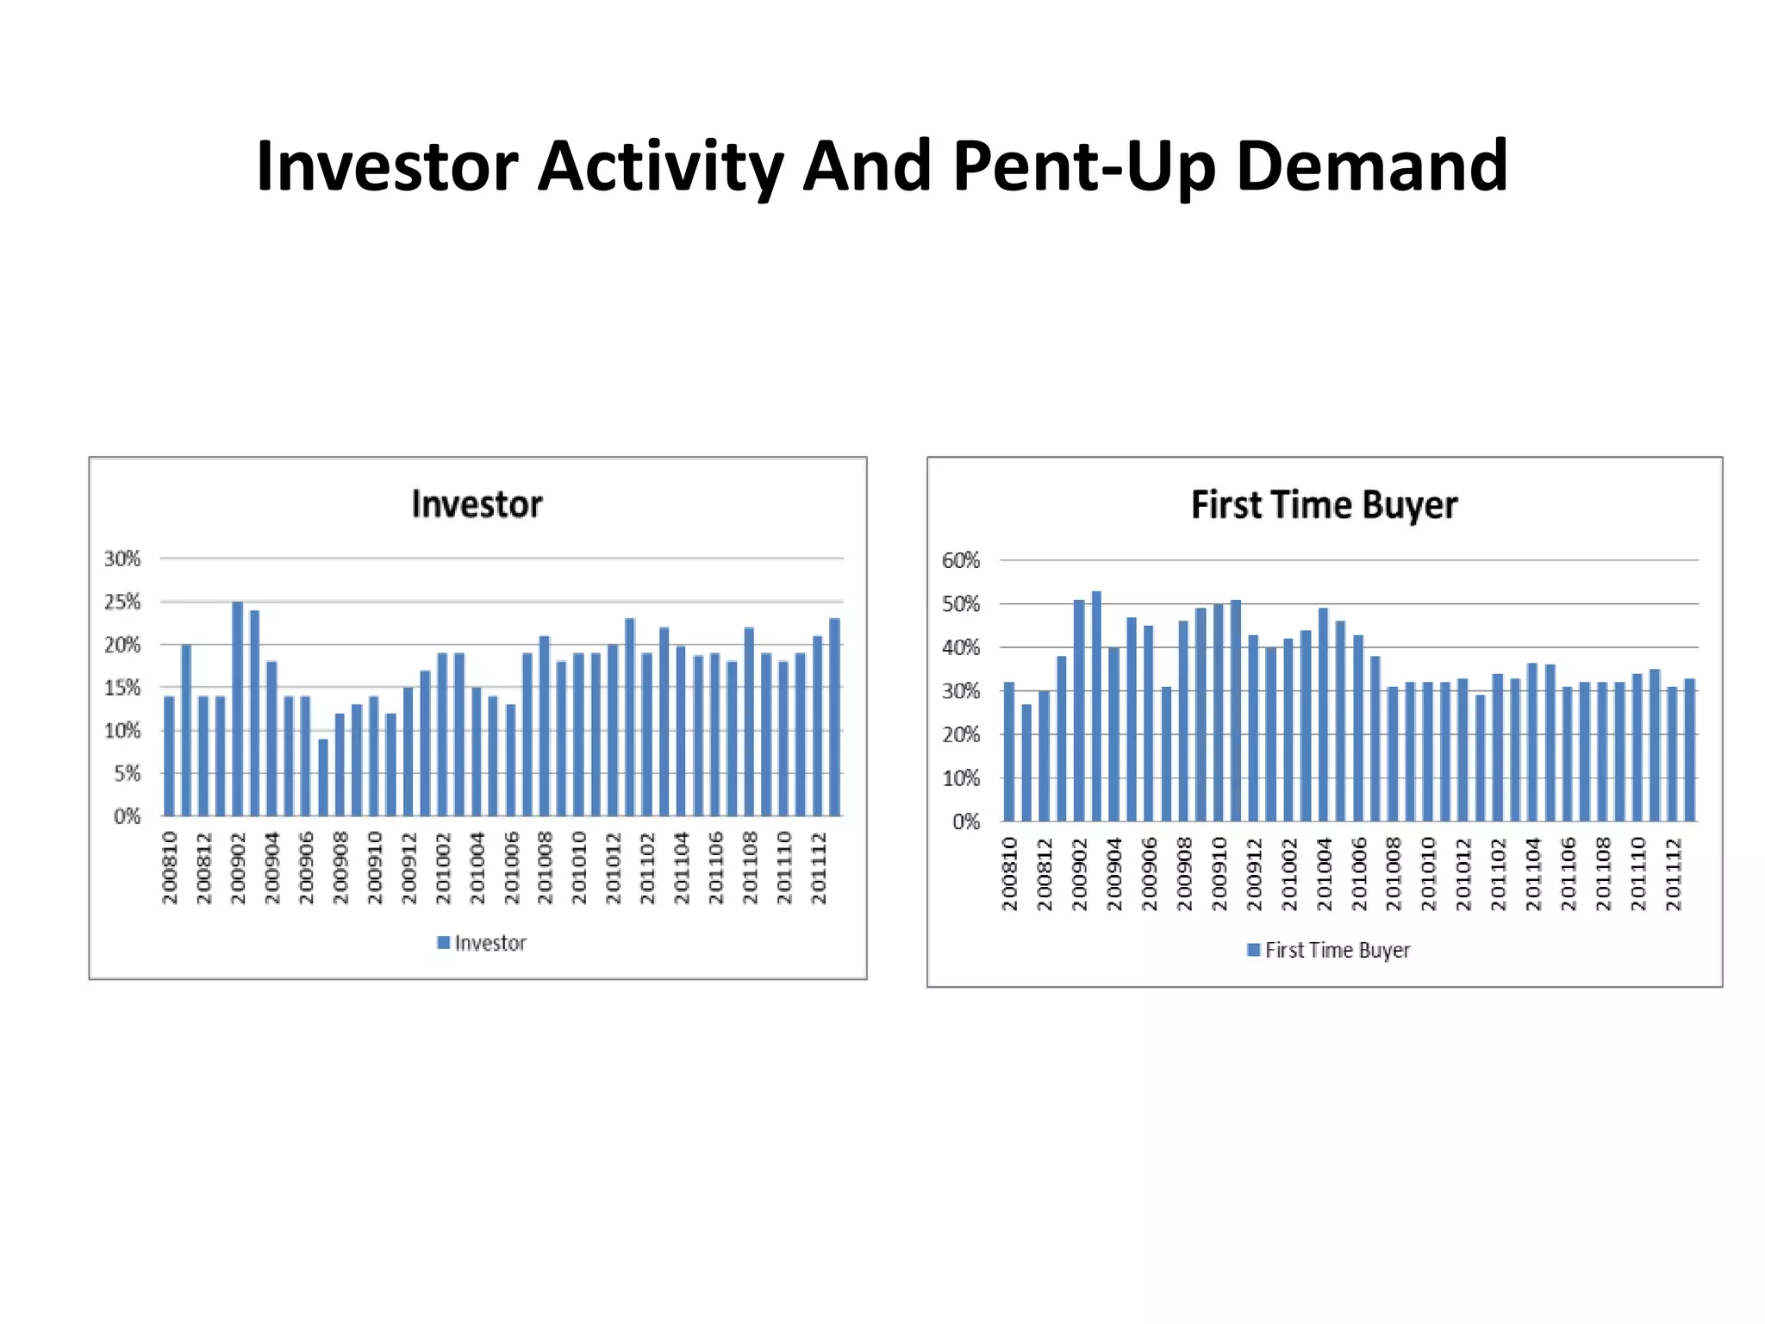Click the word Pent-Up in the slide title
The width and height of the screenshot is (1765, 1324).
click(x=1084, y=166)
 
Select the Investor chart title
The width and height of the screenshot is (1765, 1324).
click(x=477, y=504)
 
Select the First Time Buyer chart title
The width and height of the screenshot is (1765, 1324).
click(x=1324, y=505)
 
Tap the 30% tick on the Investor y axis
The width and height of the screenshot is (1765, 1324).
click(x=122, y=559)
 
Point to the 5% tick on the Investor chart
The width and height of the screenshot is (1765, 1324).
click(x=127, y=773)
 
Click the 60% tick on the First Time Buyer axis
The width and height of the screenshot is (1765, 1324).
click(x=961, y=561)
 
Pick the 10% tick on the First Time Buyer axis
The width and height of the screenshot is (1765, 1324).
click(x=961, y=778)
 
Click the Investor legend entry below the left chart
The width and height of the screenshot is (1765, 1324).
click(x=482, y=943)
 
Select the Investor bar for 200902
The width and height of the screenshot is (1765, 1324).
click(x=238, y=709)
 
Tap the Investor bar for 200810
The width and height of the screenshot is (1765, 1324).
click(x=169, y=756)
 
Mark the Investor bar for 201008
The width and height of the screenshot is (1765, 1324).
click(x=545, y=726)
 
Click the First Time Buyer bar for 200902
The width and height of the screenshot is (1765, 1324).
click(x=1079, y=710)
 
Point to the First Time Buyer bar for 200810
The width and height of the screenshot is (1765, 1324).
click(x=1009, y=752)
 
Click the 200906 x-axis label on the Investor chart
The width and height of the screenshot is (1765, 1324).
click(x=307, y=868)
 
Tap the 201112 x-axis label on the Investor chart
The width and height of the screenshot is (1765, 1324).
click(x=819, y=868)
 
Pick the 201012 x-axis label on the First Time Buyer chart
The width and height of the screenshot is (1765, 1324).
click(x=1463, y=873)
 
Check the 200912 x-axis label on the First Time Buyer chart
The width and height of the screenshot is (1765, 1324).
click(x=1254, y=873)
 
